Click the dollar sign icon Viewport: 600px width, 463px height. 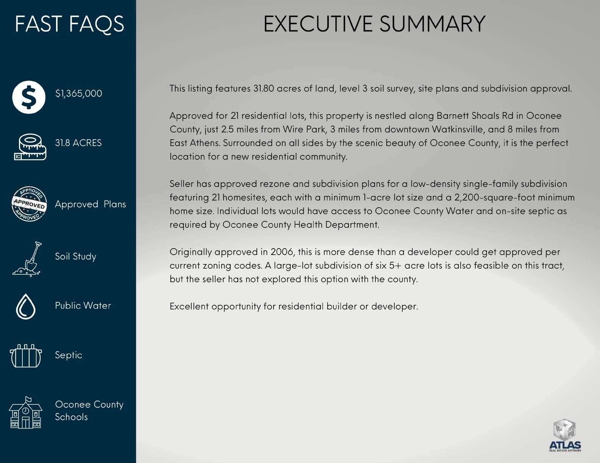(x=29, y=97)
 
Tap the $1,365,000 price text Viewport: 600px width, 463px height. (x=78, y=93)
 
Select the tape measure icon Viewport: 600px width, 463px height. (x=30, y=147)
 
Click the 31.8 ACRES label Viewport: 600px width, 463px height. (x=78, y=143)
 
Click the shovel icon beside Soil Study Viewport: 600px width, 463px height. (x=28, y=259)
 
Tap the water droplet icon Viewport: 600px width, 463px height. (x=26, y=306)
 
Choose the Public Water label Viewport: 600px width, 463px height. (x=83, y=306)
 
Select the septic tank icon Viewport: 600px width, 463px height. (x=25, y=356)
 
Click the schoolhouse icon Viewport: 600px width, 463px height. (x=25, y=413)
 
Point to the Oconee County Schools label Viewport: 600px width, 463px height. (x=89, y=410)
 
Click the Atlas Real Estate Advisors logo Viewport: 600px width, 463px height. (x=565, y=436)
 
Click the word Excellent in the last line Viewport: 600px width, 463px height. (x=189, y=306)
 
